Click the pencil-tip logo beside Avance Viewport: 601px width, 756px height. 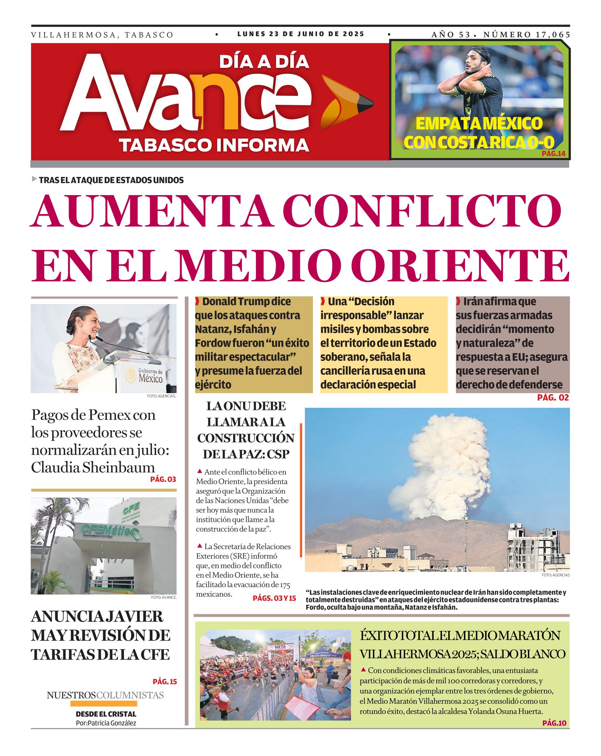tap(345, 103)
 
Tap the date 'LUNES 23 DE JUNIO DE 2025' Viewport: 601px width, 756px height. tap(300, 34)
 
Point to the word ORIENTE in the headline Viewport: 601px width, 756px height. tap(462, 266)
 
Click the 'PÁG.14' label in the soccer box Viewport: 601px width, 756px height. tap(553, 153)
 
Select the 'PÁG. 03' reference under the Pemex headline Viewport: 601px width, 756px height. tap(163, 479)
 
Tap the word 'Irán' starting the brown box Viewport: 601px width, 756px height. tap(473, 302)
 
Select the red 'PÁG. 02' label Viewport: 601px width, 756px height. tap(553, 398)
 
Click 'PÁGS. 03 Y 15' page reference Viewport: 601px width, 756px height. tap(274, 598)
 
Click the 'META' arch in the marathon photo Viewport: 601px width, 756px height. tap(280, 647)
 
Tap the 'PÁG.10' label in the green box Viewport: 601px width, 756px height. tap(554, 723)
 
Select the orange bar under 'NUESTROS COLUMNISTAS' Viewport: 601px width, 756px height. tap(103, 703)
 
